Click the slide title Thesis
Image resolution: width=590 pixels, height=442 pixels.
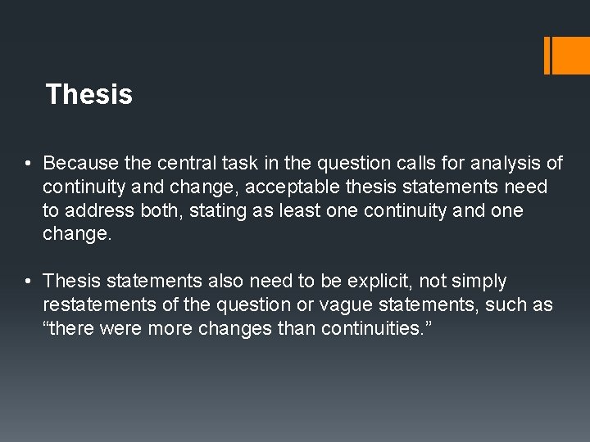pyautogui.click(x=89, y=95)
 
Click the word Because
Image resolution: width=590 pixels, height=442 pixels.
pyautogui.click(x=79, y=164)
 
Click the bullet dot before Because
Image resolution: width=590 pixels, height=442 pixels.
pyautogui.click(x=28, y=164)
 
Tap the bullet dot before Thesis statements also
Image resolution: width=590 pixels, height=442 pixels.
pyautogui.click(x=28, y=282)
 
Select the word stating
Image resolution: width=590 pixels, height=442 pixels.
pyautogui.click(x=221, y=210)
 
